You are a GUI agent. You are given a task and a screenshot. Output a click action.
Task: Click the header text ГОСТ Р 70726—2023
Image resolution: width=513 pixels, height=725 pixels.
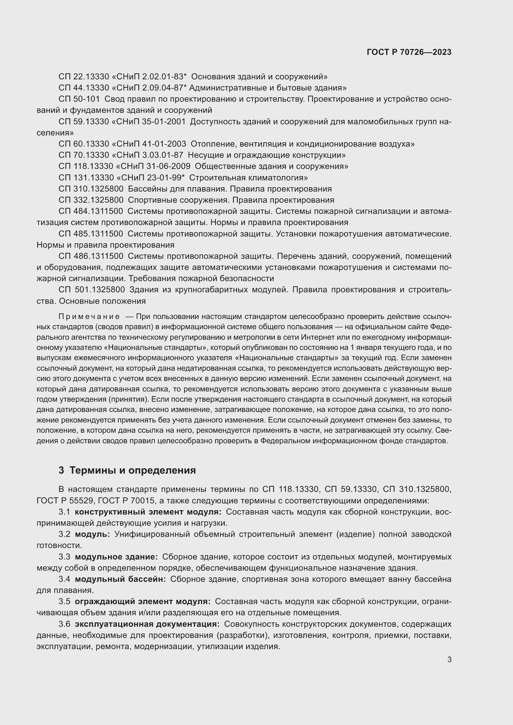(409, 52)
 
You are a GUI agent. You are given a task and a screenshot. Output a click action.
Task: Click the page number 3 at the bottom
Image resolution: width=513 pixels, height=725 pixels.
(449, 659)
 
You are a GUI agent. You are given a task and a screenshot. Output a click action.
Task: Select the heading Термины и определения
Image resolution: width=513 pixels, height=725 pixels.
(132, 471)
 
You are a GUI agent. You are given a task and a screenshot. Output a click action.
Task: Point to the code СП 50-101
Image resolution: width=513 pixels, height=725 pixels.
(79, 99)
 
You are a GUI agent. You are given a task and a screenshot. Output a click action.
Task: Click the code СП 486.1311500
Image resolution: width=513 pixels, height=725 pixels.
(91, 256)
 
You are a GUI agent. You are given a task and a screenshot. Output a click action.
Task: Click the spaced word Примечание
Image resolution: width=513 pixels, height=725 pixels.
(89, 317)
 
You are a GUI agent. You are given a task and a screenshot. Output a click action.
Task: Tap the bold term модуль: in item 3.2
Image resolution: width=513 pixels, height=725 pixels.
(92, 534)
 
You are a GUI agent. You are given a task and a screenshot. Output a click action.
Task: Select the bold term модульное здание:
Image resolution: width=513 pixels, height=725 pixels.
(116, 557)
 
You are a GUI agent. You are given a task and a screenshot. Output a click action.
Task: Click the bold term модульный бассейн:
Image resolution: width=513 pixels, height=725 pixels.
(120, 579)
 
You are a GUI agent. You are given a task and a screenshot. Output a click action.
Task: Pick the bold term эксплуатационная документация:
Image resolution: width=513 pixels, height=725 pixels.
(147, 624)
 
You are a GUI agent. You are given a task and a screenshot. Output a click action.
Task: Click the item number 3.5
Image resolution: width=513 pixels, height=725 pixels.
(65, 602)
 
